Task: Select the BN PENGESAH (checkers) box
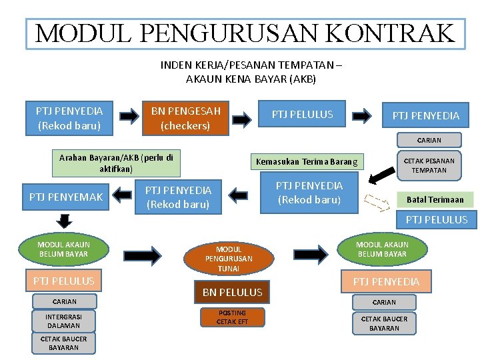pos(185,117)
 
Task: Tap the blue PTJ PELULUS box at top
pos(302,115)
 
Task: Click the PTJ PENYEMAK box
pos(65,197)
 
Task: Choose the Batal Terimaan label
pos(435,199)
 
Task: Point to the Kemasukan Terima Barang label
pos(306,161)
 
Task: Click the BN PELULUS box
pos(231,292)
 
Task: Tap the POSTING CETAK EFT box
pos(232,317)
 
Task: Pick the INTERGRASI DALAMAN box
pos(63,321)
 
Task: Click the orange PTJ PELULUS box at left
pos(63,281)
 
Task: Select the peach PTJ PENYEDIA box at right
pos(386,281)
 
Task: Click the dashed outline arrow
pos(375,199)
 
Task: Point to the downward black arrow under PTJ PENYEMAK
pos(64,221)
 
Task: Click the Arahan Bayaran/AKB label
pos(116,163)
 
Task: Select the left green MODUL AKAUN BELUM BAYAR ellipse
pos(63,249)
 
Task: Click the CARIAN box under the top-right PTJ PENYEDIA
pos(429,140)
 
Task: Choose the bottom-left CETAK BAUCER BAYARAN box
pos(63,343)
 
